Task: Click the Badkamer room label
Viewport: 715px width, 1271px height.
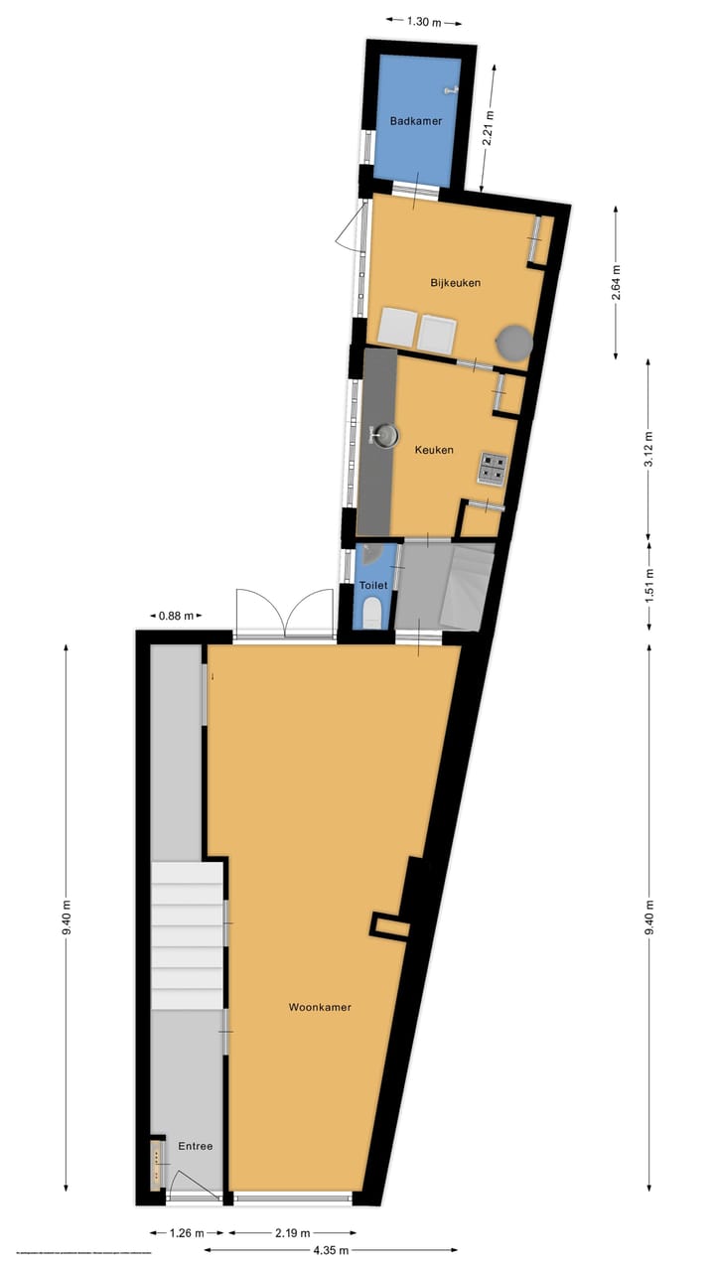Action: [416, 121]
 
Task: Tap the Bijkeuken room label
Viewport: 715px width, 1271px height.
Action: [456, 283]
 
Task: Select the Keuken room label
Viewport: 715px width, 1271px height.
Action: [434, 450]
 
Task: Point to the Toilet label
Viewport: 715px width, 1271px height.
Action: [372, 586]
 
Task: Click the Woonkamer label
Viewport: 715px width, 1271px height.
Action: [320, 1007]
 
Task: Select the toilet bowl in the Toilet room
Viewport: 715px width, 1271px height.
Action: [371, 611]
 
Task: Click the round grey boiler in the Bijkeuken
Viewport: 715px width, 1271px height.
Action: [515, 344]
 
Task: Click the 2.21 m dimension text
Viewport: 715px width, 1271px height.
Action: [488, 128]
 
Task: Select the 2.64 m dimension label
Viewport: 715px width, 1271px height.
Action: [617, 282]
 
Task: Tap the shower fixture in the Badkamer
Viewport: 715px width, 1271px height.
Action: [453, 90]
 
